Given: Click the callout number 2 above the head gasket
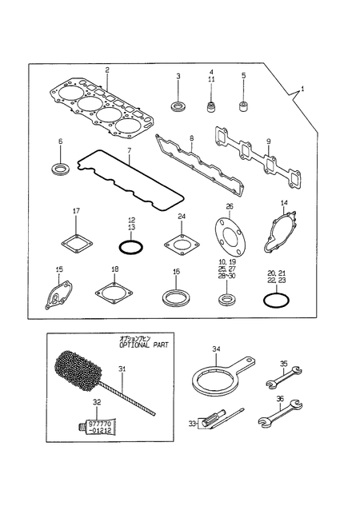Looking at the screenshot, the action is click(107, 70).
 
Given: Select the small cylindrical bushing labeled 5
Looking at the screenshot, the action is click(243, 106).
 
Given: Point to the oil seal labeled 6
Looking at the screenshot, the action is click(61, 169).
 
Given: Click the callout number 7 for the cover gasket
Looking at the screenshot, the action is click(129, 150).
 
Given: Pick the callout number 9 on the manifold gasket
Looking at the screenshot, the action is click(269, 141).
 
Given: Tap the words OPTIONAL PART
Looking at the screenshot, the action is click(143, 345).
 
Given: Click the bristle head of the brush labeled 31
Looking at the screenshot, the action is click(77, 369).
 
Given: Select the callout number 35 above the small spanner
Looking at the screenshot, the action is click(283, 364).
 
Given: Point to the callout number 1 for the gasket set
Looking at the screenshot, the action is click(302, 89).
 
